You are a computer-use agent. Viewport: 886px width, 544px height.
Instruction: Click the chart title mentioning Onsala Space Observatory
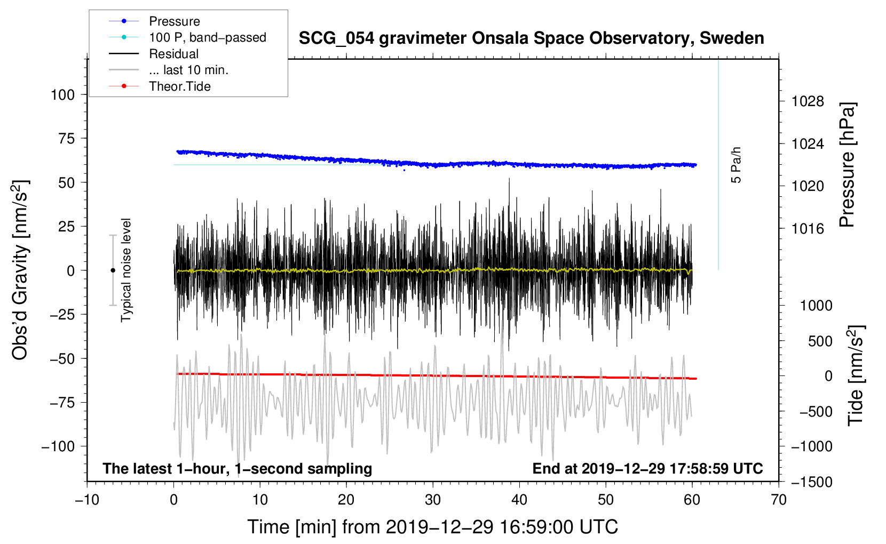coord(531,38)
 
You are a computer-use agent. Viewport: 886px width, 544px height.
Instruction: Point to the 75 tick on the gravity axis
coord(66,139)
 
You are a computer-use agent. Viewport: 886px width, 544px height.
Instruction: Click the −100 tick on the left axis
coord(58,446)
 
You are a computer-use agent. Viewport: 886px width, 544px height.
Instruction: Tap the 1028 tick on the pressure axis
coord(808,102)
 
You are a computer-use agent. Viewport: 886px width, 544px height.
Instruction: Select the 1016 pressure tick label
coord(808,229)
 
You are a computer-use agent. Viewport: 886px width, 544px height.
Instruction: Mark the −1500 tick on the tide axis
coord(812,482)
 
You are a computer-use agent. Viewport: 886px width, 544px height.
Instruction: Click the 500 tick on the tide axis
coord(820,341)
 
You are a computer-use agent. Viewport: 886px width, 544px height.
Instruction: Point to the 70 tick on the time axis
coord(778,500)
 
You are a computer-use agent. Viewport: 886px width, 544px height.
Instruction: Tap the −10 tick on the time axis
coord(87,500)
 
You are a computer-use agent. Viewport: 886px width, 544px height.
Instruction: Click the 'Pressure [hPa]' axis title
coord(847,165)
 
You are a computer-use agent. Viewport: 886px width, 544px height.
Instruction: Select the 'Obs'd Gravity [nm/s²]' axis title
coord(20,270)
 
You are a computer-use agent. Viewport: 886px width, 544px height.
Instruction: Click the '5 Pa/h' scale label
coord(735,165)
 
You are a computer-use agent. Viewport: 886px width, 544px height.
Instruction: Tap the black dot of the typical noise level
coord(113,270)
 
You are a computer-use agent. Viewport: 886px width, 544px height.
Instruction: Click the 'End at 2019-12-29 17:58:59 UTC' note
coord(647,468)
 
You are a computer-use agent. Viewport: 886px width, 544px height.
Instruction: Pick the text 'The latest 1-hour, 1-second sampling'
coord(238,469)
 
